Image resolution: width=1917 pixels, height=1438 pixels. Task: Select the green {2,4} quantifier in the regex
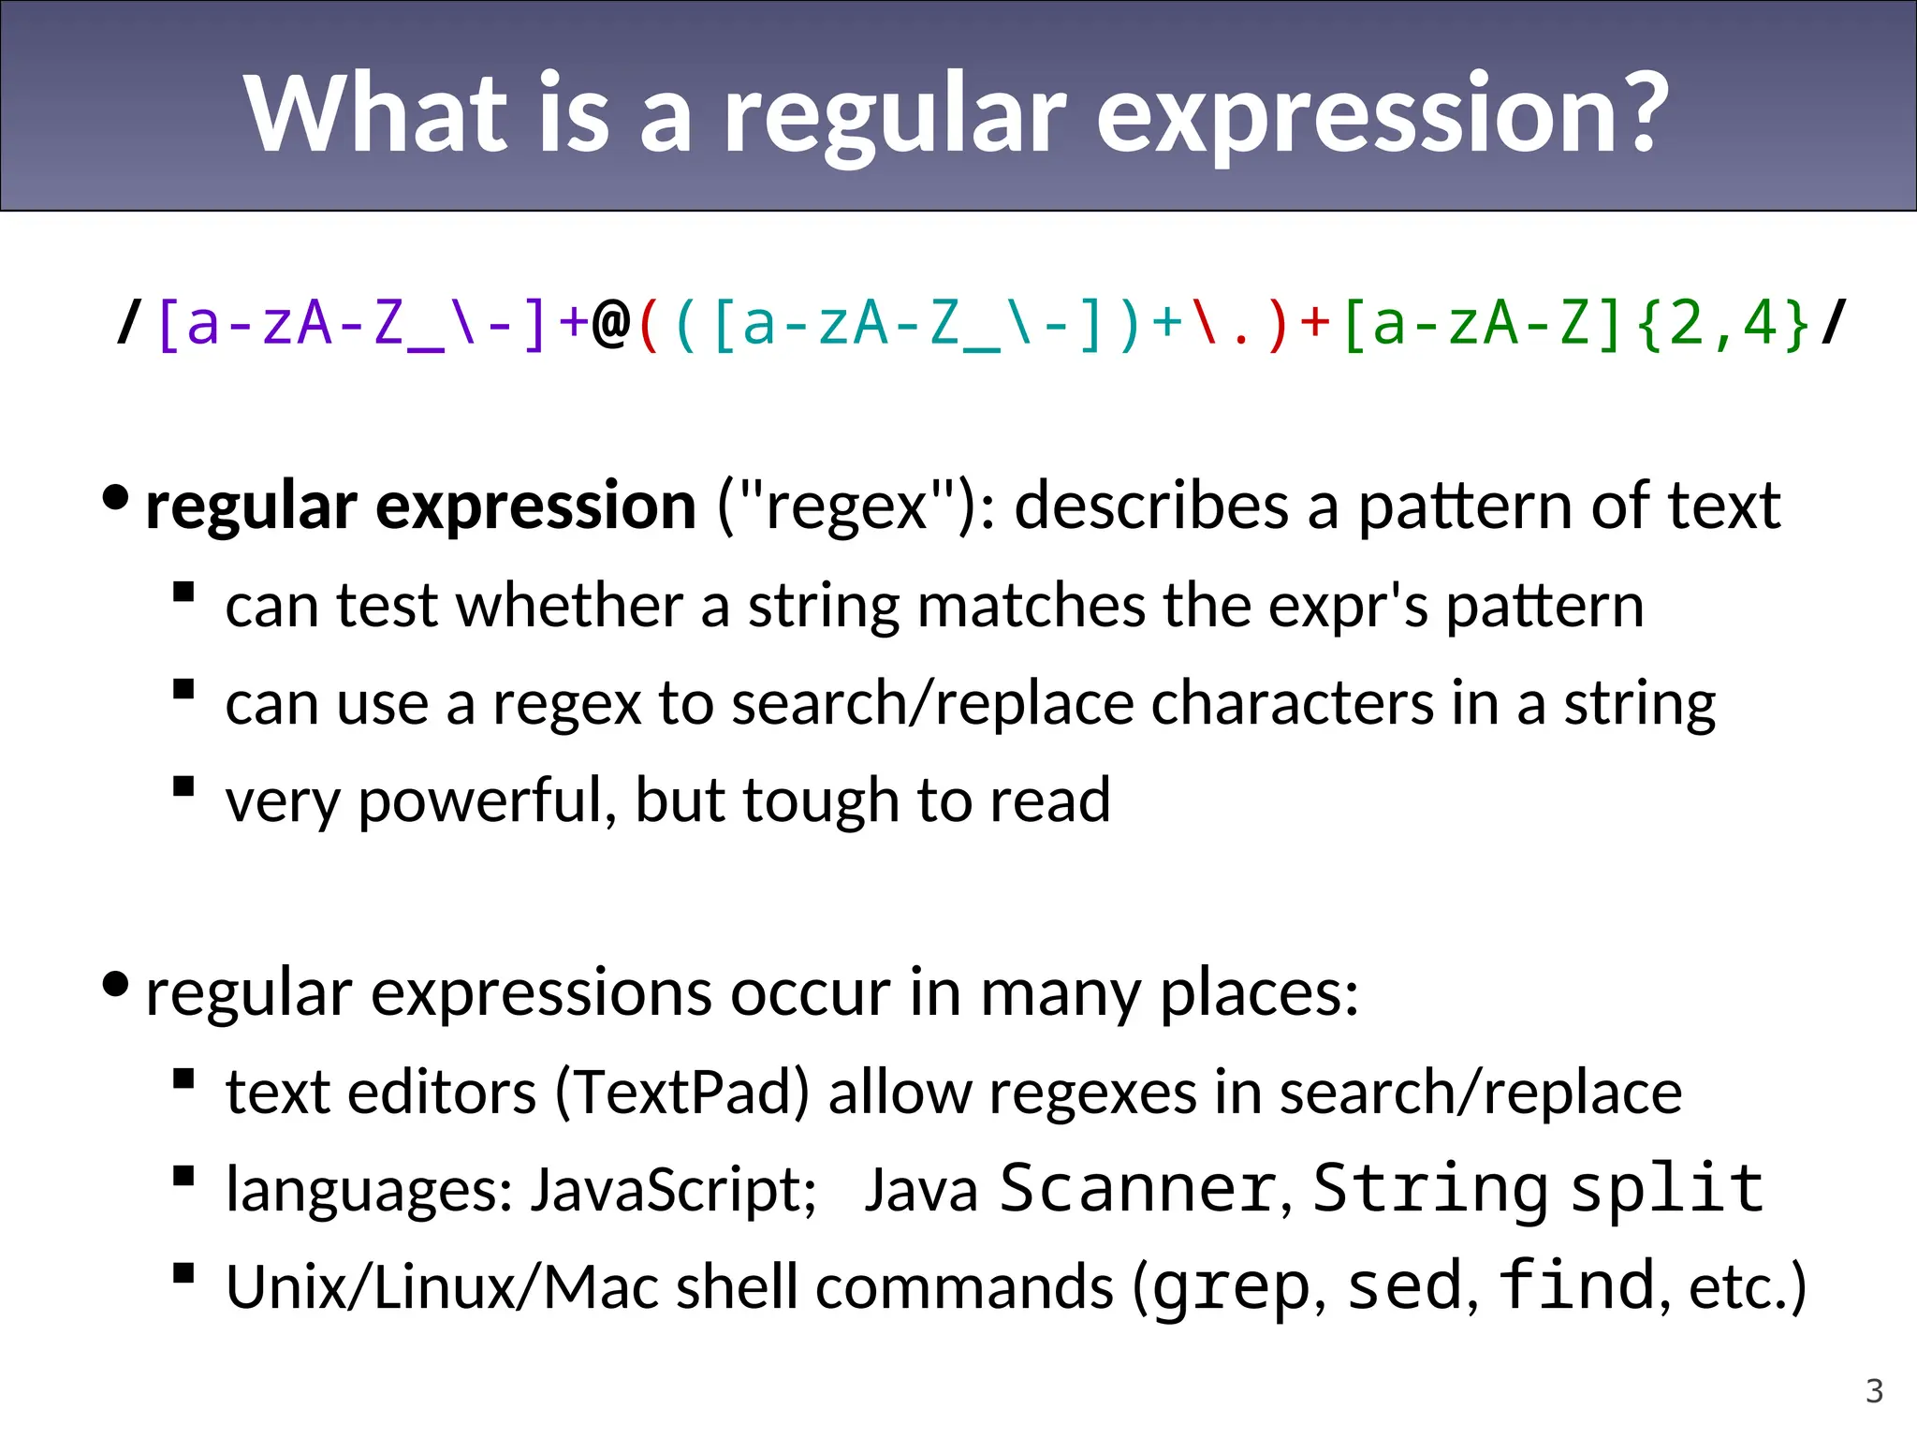pos(1723,324)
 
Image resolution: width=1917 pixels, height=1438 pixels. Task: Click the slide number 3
pos(1874,1391)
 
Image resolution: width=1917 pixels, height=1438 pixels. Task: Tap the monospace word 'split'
pos(1666,1189)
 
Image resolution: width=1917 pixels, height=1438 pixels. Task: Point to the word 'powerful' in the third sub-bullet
pos(487,801)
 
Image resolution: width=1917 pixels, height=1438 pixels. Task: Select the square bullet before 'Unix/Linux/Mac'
pos(183,1273)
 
